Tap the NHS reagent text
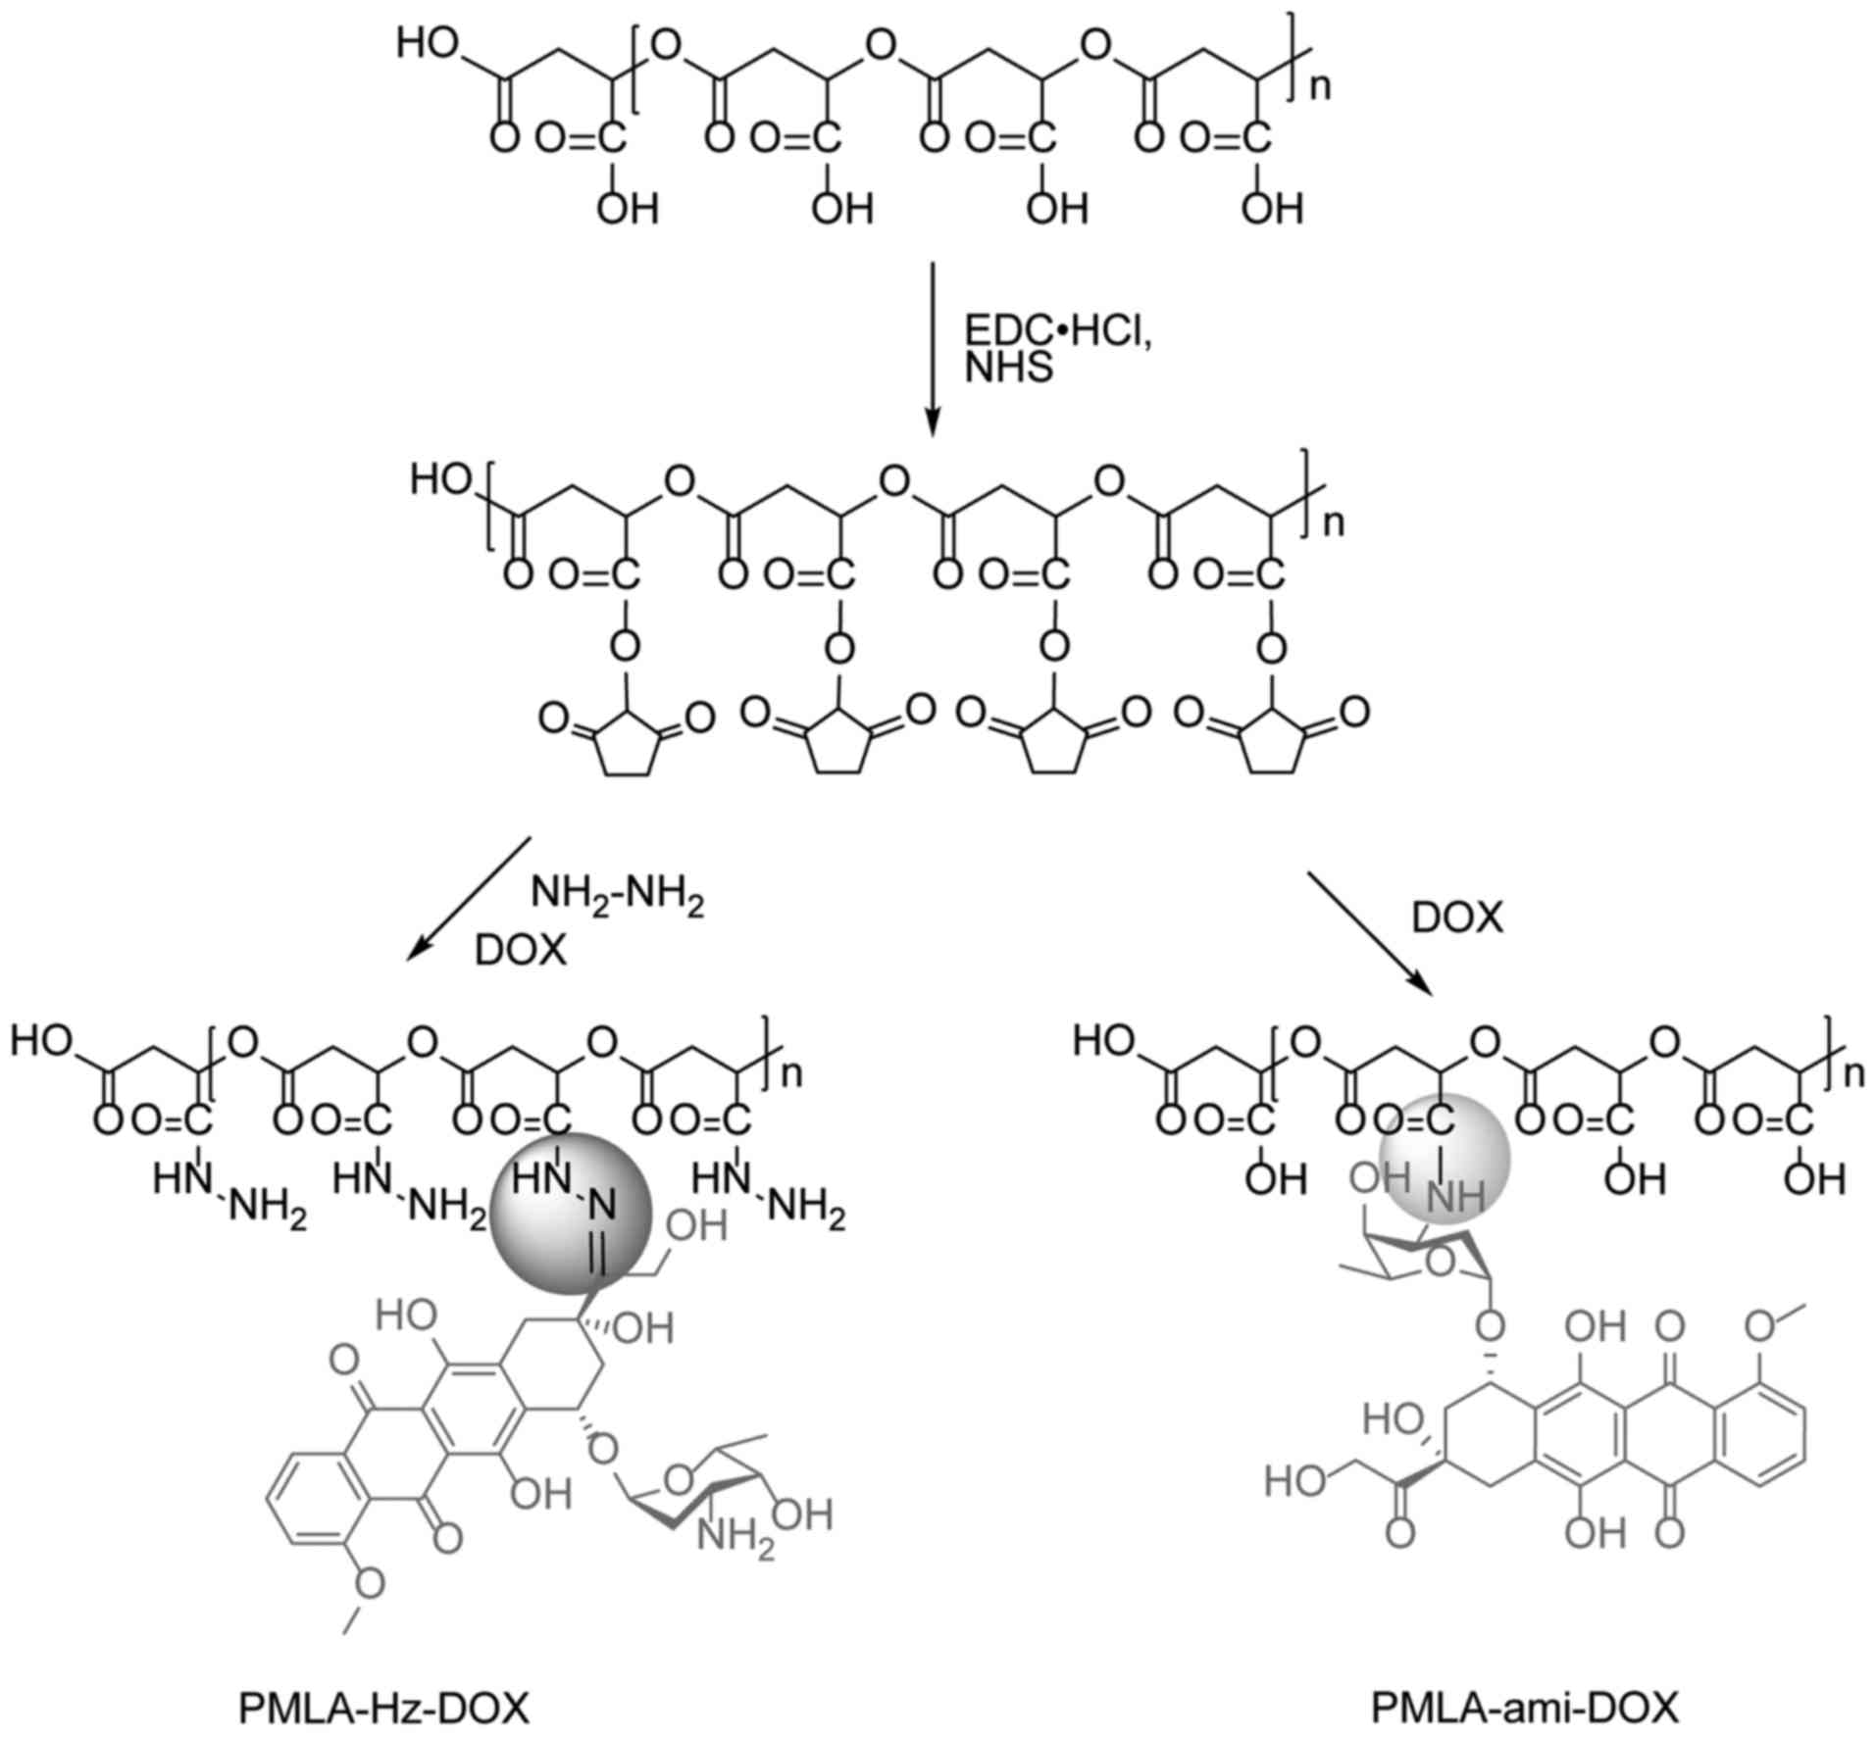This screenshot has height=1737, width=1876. pyautogui.click(x=1009, y=369)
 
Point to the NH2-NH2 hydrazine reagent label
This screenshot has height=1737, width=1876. pyautogui.click(x=617, y=898)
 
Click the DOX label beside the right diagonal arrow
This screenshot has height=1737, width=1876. pyautogui.click(x=1457, y=918)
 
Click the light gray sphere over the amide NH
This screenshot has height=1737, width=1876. pyautogui.click(x=1444, y=1160)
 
